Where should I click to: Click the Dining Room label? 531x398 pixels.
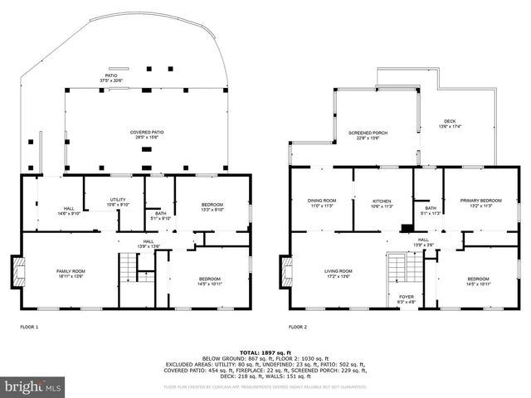coord(323,203)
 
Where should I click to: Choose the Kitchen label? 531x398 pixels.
coord(382,203)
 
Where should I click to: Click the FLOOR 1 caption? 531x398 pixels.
coord(30,328)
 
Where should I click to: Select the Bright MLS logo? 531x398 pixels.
coord(33,386)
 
